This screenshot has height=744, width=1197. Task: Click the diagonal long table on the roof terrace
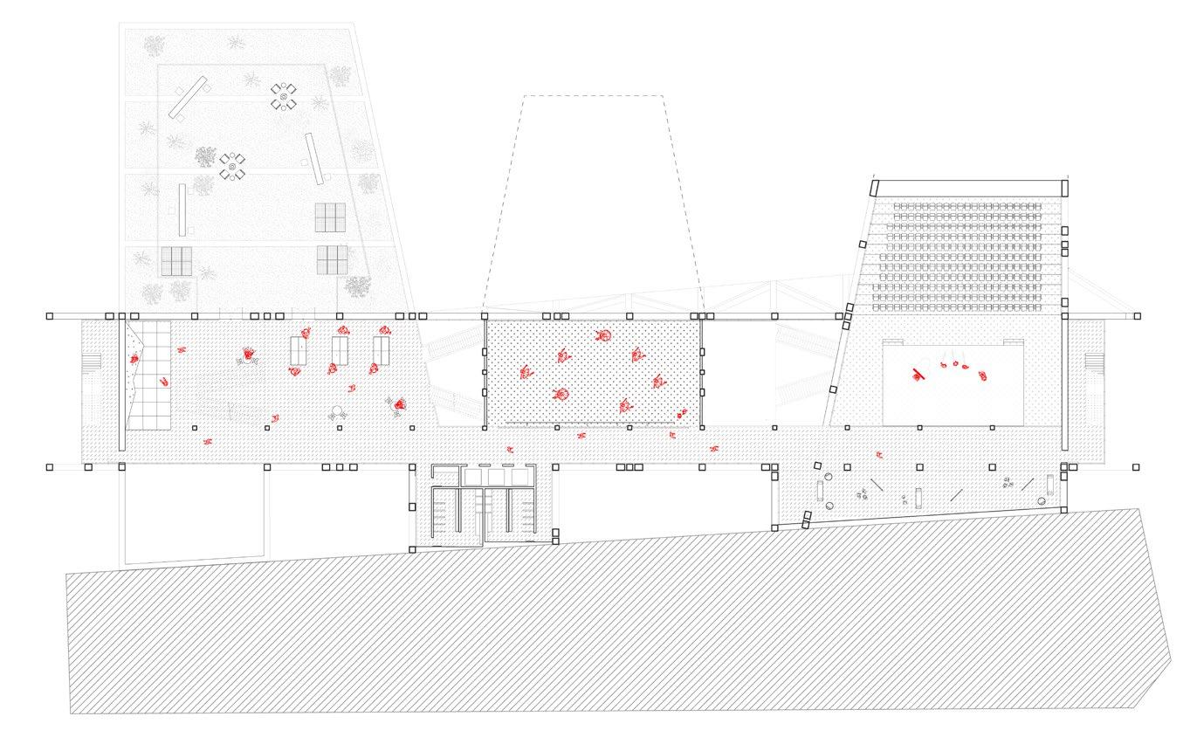click(x=188, y=96)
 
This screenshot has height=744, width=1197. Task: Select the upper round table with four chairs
click(x=282, y=96)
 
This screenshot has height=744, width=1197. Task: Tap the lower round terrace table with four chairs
click(x=231, y=166)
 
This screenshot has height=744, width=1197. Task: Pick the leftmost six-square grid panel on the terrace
click(x=175, y=260)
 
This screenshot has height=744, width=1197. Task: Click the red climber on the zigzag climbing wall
click(x=134, y=358)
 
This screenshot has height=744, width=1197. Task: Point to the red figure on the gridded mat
click(x=162, y=382)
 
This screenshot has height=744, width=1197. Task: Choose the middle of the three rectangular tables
click(x=340, y=351)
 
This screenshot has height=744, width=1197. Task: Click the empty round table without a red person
click(x=337, y=413)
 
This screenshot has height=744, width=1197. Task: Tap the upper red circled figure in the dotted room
click(x=602, y=336)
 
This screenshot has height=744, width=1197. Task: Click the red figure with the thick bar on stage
click(x=917, y=375)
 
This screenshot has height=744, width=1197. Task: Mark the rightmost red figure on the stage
click(x=984, y=376)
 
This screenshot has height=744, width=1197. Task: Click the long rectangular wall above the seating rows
click(x=969, y=188)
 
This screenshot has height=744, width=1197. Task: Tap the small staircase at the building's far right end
click(x=1090, y=361)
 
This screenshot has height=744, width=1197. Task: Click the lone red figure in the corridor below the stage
click(x=879, y=454)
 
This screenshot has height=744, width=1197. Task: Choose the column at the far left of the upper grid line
click(x=50, y=315)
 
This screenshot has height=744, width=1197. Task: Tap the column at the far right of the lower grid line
click(x=1135, y=467)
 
